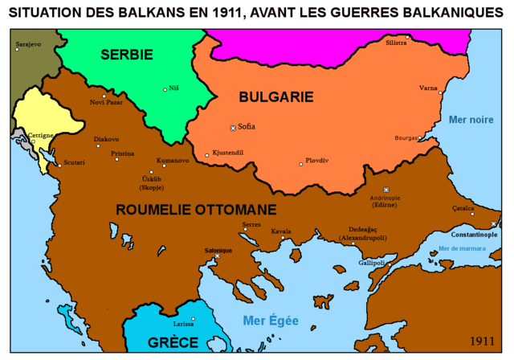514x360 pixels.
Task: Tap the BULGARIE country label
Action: [275, 96]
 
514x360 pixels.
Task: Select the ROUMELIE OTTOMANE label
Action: [196, 210]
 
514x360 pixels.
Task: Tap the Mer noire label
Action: [471, 119]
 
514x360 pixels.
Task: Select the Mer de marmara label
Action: [463, 247]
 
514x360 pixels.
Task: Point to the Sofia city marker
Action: [234, 128]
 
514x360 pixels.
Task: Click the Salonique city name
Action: [216, 250]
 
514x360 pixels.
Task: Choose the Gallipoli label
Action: [373, 262]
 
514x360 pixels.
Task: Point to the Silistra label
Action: [396, 41]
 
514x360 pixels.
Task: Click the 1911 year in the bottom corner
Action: [483, 340]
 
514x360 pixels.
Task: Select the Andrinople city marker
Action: [385, 190]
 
